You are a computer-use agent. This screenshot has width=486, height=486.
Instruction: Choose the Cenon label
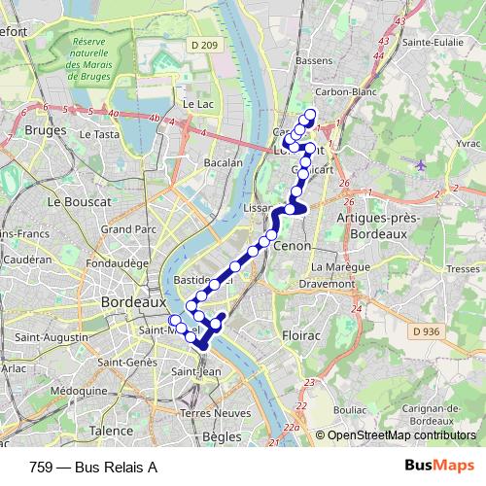click(x=292, y=247)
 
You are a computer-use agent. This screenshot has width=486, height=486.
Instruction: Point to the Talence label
click(x=112, y=431)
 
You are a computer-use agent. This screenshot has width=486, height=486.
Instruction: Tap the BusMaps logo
click(x=440, y=466)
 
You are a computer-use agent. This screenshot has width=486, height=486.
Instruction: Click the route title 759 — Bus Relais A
click(x=93, y=467)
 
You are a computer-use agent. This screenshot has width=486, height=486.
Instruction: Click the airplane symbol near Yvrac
click(x=420, y=163)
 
